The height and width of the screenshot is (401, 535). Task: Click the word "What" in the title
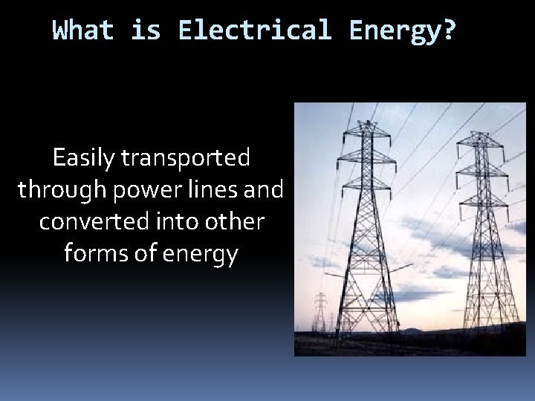tap(83, 30)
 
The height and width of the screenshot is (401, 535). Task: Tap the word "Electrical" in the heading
tap(254, 30)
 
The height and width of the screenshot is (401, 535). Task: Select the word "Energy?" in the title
tap(402, 30)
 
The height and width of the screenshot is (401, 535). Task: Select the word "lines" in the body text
tap(210, 189)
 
